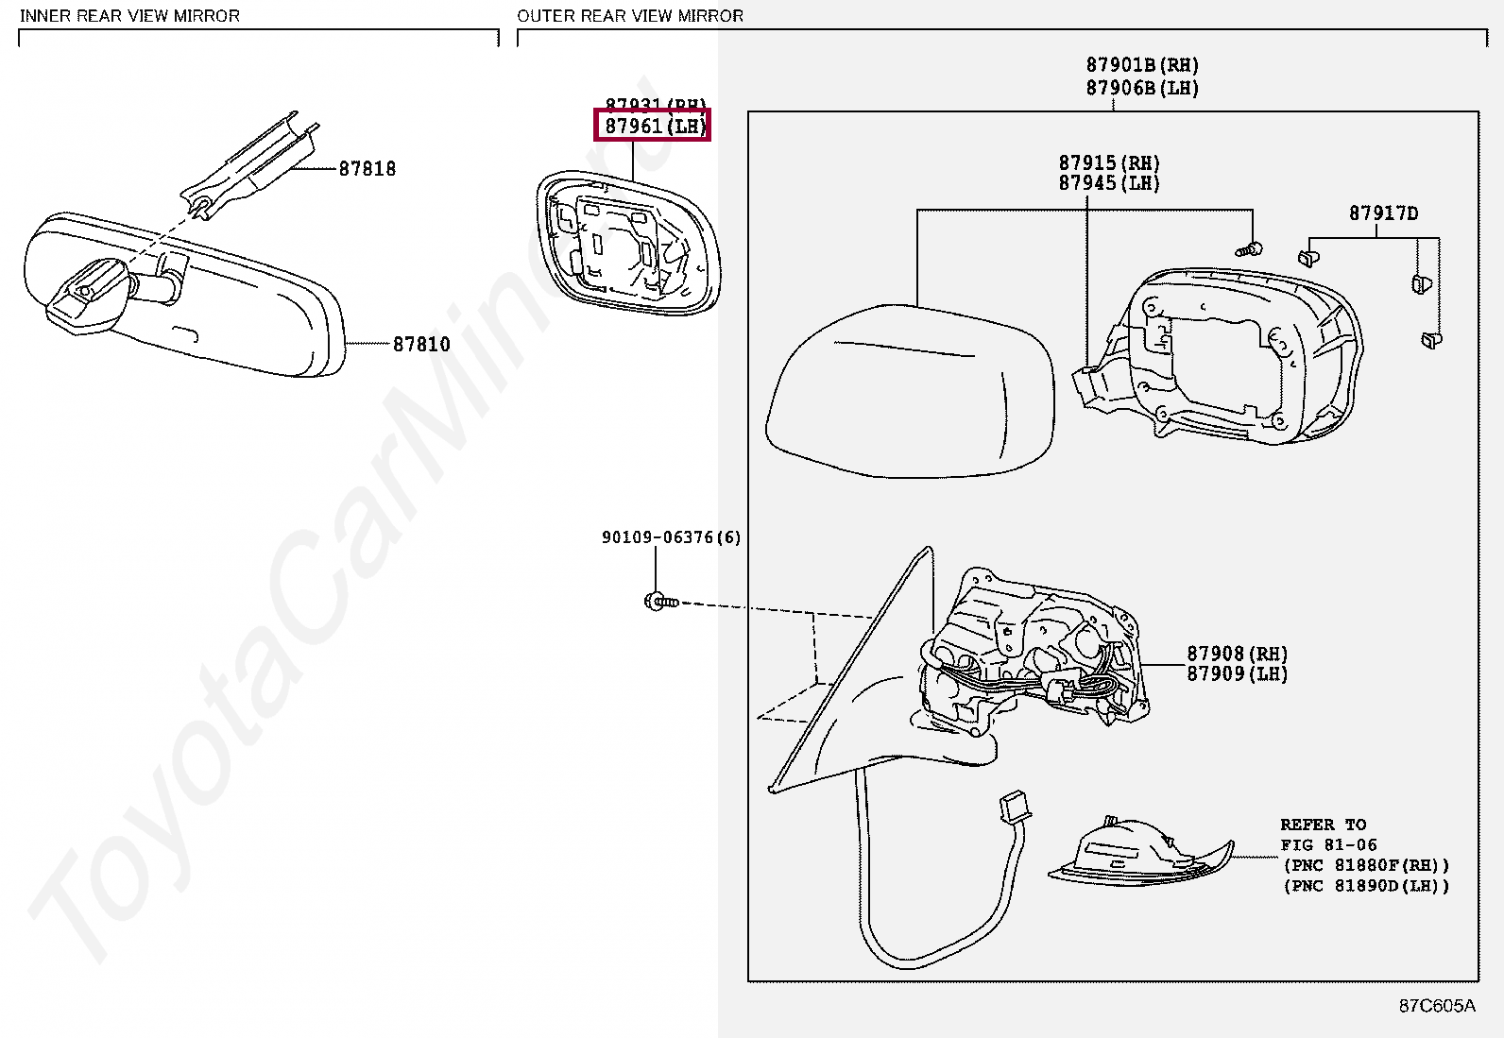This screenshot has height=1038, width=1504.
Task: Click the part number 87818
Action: (367, 169)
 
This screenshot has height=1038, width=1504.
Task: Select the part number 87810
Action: (421, 345)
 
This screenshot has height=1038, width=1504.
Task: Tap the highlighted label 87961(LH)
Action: (652, 125)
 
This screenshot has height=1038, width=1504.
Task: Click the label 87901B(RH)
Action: (1141, 65)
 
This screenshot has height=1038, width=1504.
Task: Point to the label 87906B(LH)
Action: (1141, 88)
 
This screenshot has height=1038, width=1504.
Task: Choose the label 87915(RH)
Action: (1108, 162)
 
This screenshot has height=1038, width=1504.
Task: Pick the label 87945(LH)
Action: (1108, 183)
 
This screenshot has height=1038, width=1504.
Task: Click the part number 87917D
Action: (1383, 213)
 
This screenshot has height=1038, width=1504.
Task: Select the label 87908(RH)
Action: (1237, 654)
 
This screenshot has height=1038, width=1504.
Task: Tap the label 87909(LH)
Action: (1237, 674)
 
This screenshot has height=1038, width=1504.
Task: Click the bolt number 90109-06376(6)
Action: (671, 537)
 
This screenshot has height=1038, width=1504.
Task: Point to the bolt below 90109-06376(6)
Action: (660, 601)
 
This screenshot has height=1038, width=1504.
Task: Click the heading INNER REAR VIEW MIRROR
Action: (129, 16)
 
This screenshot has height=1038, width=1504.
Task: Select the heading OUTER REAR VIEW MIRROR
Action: (630, 16)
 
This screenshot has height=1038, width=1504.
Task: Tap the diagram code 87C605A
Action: (1436, 1006)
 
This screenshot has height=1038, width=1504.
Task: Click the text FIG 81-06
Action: (1328, 845)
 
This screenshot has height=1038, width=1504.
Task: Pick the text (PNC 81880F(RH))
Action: (1365, 865)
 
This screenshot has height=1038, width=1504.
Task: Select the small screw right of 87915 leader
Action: (1247, 250)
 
